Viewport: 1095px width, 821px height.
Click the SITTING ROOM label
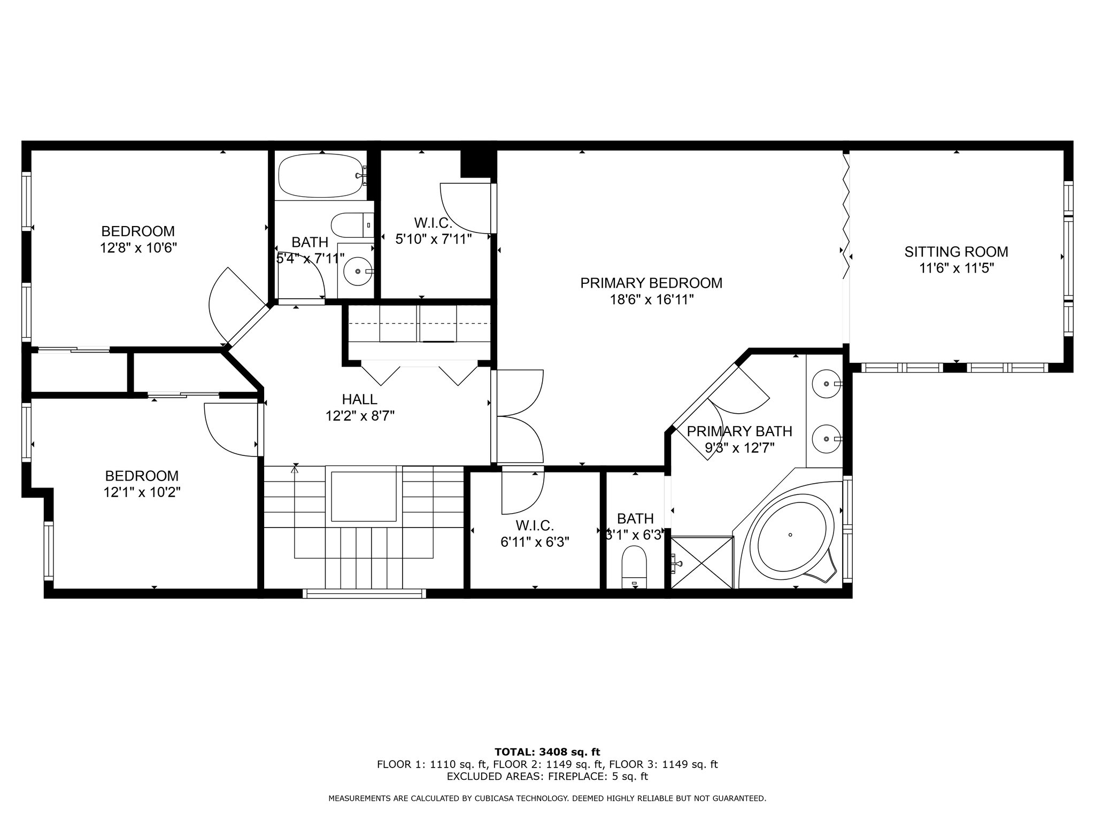956,251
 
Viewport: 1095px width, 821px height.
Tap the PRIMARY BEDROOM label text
651,283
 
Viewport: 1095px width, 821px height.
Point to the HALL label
360,399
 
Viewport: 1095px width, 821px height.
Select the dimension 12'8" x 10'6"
138,248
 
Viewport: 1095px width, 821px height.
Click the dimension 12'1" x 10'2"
142,492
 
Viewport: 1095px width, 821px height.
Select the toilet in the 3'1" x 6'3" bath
635,567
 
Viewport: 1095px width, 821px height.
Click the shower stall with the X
702,563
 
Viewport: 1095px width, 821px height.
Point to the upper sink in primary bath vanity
827,383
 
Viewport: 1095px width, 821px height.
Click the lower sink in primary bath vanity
827,439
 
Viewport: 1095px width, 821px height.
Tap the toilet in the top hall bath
351,225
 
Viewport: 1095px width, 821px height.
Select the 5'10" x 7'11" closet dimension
434,239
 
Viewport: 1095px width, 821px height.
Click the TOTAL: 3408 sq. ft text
547,753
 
